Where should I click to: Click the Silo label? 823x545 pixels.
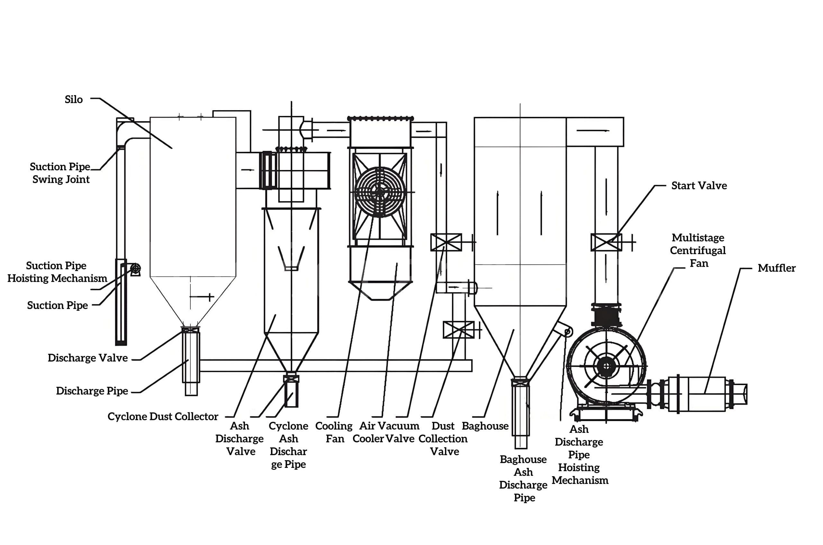tap(74, 99)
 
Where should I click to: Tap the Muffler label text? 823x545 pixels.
tap(776, 268)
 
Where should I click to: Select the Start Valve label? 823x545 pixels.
tap(699, 186)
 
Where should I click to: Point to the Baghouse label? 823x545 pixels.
tap(485, 426)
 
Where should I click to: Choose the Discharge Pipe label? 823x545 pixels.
tap(92, 391)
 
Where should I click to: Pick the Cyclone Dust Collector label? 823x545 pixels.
tap(163, 416)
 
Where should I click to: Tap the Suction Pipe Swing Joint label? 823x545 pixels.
tap(60, 173)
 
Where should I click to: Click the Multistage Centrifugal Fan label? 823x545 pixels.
tap(698, 250)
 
